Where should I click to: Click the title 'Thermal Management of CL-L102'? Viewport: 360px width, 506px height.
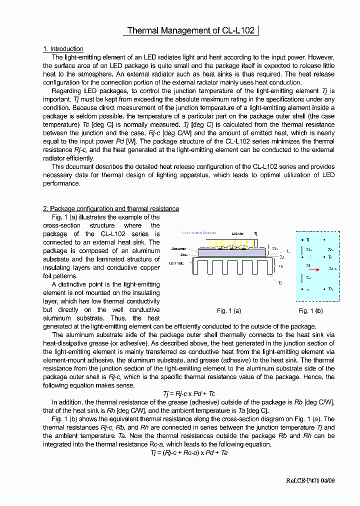coord(191,30)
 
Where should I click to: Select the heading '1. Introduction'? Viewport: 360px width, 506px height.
coord(63,48)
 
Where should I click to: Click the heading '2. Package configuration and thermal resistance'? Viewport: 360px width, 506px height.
coord(111,208)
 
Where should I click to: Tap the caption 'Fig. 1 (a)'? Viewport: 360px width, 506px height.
coord(229,310)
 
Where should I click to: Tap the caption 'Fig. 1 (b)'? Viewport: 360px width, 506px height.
coord(310,310)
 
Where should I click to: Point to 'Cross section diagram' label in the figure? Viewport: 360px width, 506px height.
coord(198,233)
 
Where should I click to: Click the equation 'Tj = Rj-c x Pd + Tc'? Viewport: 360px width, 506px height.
coord(189,394)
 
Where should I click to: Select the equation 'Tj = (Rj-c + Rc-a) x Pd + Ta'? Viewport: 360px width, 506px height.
coord(189,452)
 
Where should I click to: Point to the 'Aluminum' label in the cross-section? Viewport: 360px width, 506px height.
coord(179,248)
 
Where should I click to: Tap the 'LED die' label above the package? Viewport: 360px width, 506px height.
coord(238,233)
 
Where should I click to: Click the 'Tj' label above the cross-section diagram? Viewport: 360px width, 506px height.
coord(256,233)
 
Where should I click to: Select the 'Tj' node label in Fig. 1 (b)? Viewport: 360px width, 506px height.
coord(307,240)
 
